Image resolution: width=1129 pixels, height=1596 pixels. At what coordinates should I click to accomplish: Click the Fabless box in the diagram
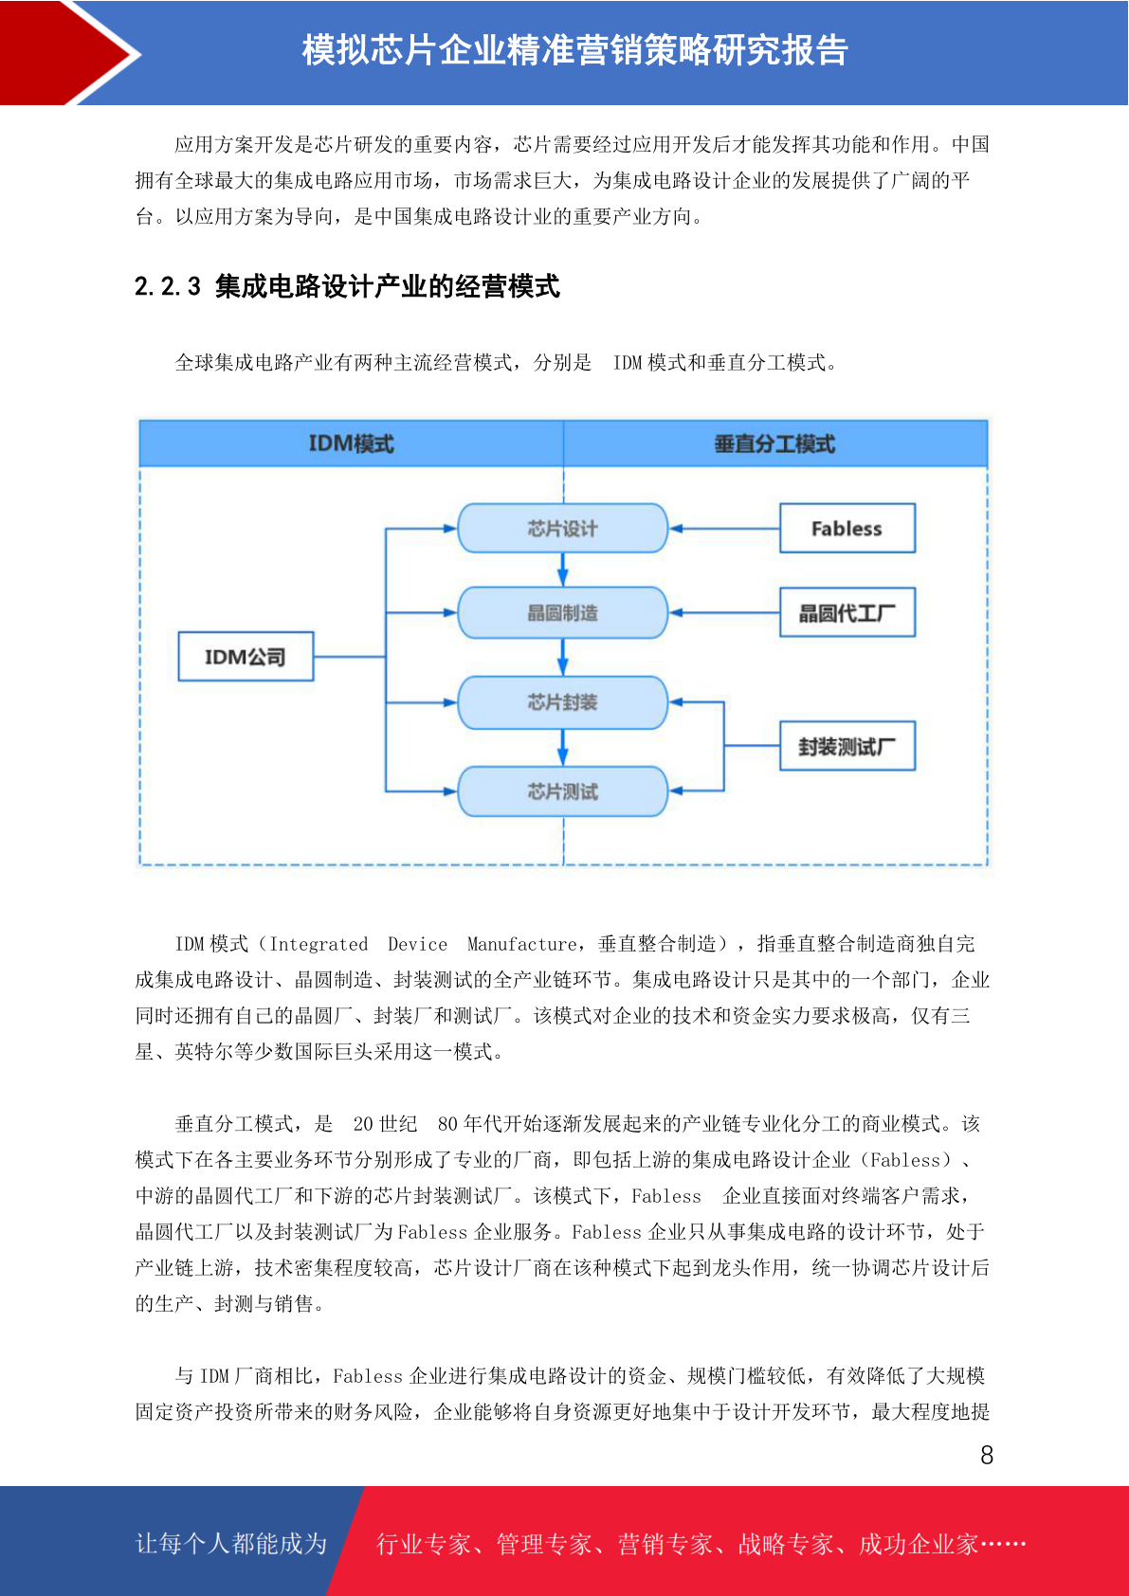pos(847,528)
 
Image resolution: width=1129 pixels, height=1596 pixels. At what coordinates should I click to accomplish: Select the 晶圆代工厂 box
pos(847,612)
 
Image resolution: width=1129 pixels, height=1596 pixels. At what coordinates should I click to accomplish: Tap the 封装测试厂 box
pos(847,746)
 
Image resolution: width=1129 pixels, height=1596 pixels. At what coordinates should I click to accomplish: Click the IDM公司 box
pos(246,656)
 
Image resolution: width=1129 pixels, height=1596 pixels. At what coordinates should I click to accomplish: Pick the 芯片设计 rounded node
pos(562,528)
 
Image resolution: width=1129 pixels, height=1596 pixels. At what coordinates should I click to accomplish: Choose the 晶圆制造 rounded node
pos(562,612)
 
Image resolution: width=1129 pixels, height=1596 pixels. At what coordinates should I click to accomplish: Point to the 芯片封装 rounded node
pos(562,702)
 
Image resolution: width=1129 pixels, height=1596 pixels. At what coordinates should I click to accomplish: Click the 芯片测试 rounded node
pos(562,790)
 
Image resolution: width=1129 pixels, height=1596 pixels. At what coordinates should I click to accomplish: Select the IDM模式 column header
pos(352,444)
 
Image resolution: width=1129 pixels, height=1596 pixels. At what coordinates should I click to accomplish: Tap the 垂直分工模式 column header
pos(775,444)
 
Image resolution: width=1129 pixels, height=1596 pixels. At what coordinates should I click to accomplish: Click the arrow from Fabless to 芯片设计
pos(724,529)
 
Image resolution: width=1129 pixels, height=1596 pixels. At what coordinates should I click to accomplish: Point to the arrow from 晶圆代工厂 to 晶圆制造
pos(724,612)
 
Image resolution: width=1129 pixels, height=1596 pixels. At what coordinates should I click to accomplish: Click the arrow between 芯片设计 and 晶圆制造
pos(562,570)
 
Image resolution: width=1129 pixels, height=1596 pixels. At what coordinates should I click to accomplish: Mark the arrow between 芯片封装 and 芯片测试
pos(562,748)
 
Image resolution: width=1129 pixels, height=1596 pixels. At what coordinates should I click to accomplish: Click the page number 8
pos(987,1455)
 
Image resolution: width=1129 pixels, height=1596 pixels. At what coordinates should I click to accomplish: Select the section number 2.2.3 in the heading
pos(168,286)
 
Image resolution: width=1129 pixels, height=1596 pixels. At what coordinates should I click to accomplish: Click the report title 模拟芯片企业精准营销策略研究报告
pos(575,50)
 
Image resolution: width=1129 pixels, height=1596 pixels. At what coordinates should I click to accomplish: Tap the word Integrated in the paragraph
pos(319,944)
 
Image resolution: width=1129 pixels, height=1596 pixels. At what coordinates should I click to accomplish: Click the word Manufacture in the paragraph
pos(521,944)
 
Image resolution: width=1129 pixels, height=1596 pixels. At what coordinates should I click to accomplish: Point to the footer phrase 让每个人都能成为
pos(231,1543)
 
